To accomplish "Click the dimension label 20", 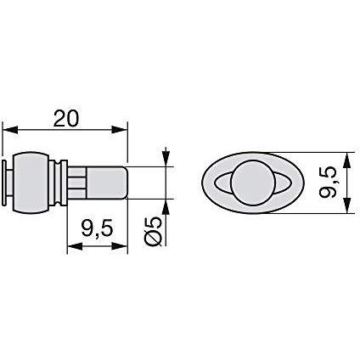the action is pyautogui.click(x=66, y=118).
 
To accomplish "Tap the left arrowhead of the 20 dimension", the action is pyautogui.click(x=10, y=130).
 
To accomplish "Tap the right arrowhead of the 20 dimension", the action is pyautogui.click(x=119, y=130).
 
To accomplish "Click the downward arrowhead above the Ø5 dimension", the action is pyautogui.click(x=166, y=158).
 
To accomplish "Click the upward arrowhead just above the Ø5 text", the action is pyautogui.click(x=166, y=207).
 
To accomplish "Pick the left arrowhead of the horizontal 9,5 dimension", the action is pyautogui.click(x=75, y=246).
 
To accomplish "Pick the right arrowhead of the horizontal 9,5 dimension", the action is pyautogui.click(x=120, y=246).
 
